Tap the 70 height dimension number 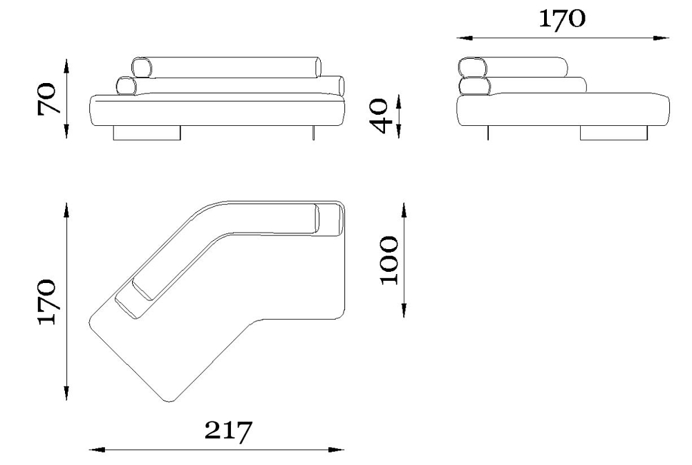[47, 98]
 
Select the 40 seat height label [379, 116]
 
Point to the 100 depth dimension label [389, 261]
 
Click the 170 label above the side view [562, 19]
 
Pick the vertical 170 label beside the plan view [47, 302]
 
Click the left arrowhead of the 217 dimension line [97, 450]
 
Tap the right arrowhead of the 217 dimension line [336, 450]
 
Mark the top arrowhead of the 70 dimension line [66, 66]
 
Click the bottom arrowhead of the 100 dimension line [404, 309]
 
